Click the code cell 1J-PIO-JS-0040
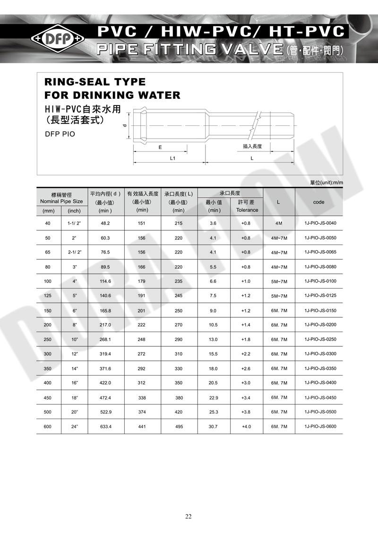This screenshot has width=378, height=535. tap(318, 223)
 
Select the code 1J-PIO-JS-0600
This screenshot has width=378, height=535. tap(318, 427)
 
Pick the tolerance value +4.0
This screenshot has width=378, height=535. tap(246, 427)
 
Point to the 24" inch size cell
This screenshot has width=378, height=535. tap(74, 427)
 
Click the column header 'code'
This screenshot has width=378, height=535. tap(318, 202)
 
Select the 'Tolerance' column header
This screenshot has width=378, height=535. tap(247, 210)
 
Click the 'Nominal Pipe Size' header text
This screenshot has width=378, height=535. tap(61, 202)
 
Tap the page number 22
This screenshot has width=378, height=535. tap(189, 516)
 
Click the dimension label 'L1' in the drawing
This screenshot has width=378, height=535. tap(173, 158)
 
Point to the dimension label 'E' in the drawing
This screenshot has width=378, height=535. tap(160, 147)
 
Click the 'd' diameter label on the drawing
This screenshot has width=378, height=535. tap(124, 125)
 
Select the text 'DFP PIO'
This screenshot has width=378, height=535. tap(60, 134)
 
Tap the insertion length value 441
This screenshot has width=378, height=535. tap(142, 427)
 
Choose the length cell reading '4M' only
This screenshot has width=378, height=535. tap(278, 223)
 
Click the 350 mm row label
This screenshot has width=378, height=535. tap(48, 368)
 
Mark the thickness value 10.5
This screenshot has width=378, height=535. tap(213, 325)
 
